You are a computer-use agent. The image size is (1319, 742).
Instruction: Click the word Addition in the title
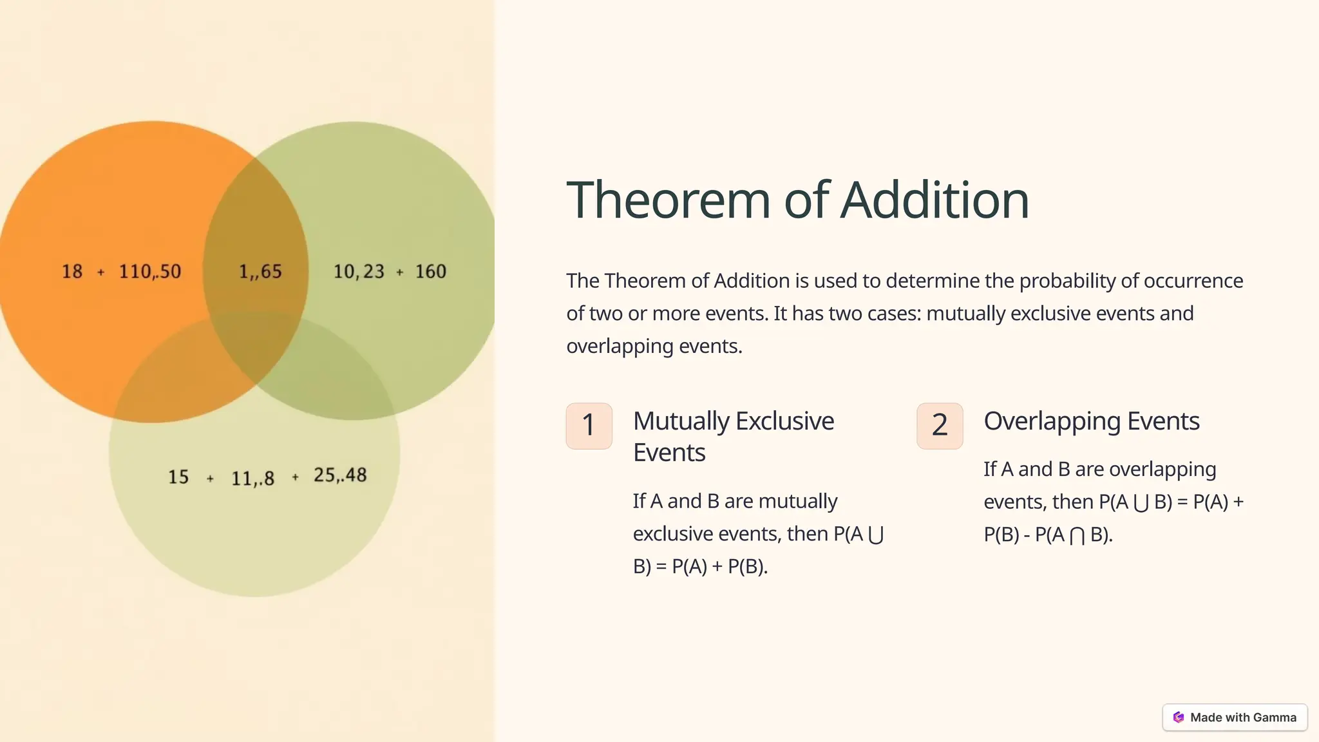[935, 200]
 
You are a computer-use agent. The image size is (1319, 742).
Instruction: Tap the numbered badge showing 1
[589, 426]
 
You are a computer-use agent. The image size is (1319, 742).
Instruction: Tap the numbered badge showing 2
[940, 426]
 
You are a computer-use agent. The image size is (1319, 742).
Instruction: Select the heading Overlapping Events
[1091, 421]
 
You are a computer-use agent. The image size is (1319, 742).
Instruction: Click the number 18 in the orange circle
[72, 272]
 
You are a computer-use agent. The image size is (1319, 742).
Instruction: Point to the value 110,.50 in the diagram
[150, 272]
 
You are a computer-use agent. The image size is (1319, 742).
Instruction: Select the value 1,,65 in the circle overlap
[260, 272]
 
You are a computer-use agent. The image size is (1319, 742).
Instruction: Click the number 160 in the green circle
[430, 272]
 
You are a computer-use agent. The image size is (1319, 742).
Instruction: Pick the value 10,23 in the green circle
[359, 272]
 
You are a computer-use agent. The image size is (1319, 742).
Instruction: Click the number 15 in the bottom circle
[178, 477]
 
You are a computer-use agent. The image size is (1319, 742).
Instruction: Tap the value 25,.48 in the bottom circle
[340, 475]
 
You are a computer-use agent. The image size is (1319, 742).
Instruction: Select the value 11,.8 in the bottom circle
[252, 479]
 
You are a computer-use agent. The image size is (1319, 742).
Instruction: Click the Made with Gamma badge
[1235, 718]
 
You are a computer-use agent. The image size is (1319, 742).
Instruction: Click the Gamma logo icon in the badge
[1179, 718]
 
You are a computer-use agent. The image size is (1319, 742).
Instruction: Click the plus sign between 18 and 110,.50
[100, 272]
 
